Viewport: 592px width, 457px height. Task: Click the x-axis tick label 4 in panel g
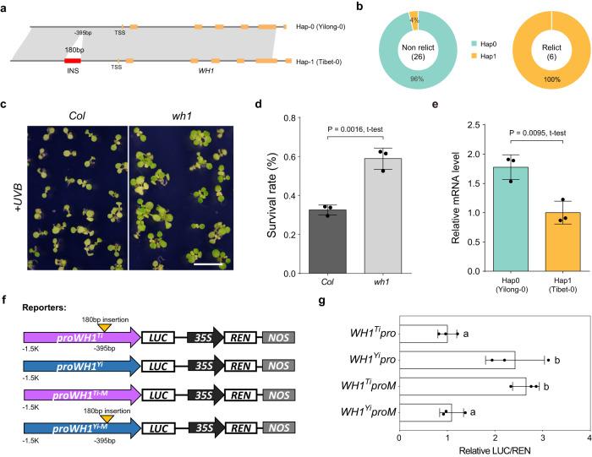(589, 438)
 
